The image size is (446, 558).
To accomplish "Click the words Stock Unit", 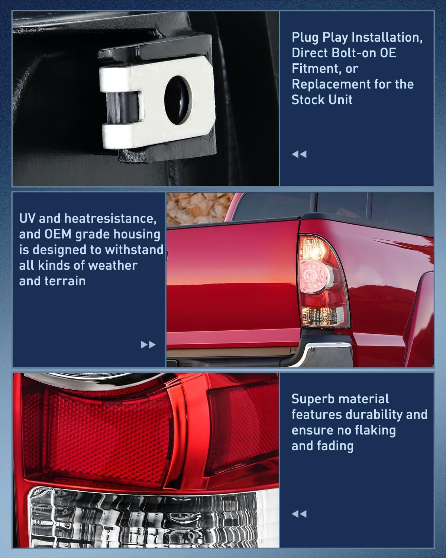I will tap(322, 100).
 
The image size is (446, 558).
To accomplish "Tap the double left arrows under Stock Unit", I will tap(299, 154).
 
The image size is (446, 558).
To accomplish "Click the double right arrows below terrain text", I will tap(148, 344).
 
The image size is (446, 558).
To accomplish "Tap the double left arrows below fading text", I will tap(299, 514).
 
